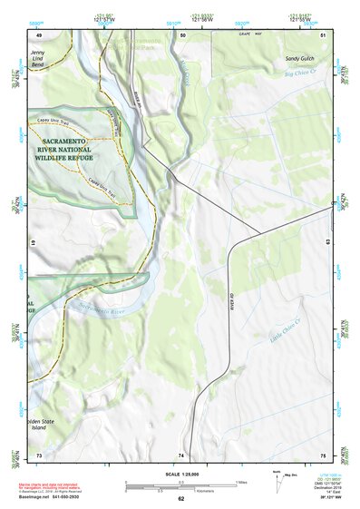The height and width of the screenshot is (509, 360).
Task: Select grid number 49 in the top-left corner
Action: (39, 34)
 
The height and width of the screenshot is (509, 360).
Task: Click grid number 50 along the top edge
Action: (183, 34)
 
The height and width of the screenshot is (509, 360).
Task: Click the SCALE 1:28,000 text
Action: (180, 473)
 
